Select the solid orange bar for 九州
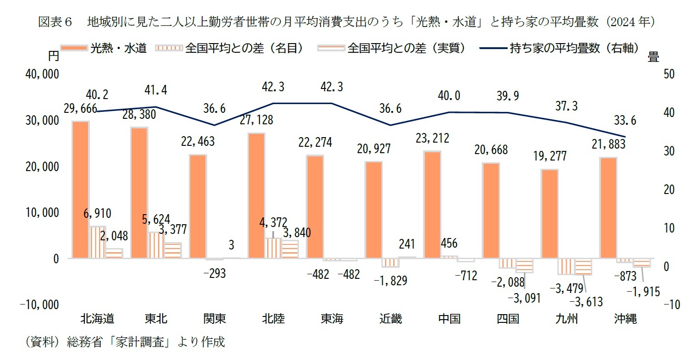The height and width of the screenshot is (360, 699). [550, 214]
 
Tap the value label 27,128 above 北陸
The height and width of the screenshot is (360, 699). [256, 120]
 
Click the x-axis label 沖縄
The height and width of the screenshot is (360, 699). [625, 319]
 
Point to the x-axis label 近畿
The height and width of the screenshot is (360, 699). [391, 319]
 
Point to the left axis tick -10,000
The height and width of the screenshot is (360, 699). [39, 305]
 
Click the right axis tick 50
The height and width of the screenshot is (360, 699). [669, 74]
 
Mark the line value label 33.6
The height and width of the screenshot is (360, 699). [625, 121]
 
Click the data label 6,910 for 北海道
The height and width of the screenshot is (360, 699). [97, 213]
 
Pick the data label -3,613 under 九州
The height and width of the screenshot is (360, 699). [586, 301]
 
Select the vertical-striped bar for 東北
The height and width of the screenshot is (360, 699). [156, 245]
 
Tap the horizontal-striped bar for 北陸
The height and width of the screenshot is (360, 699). [290, 249]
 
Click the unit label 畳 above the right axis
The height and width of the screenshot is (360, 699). [653, 57]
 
